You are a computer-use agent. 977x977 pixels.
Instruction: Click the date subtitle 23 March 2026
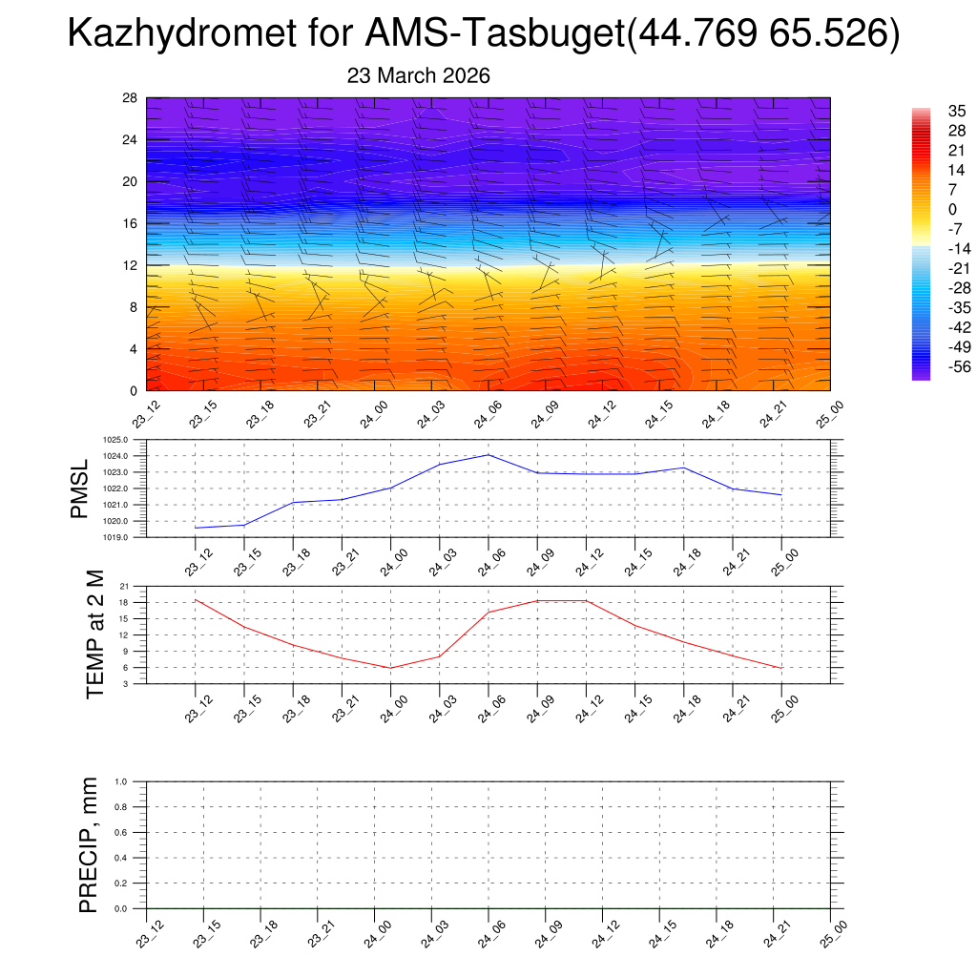tap(419, 76)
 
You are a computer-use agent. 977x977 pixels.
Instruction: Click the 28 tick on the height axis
tap(131, 98)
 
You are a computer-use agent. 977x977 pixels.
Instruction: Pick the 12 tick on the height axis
tap(131, 265)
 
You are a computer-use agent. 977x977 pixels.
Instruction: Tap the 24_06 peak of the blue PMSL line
tap(488, 454)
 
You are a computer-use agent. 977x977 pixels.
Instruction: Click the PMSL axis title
tap(80, 488)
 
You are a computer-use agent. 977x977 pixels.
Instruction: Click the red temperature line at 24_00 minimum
tap(390, 668)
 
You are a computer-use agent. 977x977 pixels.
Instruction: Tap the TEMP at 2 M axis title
tap(94, 634)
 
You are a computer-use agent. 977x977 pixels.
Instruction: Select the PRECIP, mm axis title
tap(89, 844)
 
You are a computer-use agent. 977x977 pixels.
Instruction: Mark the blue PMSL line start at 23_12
tap(196, 528)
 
